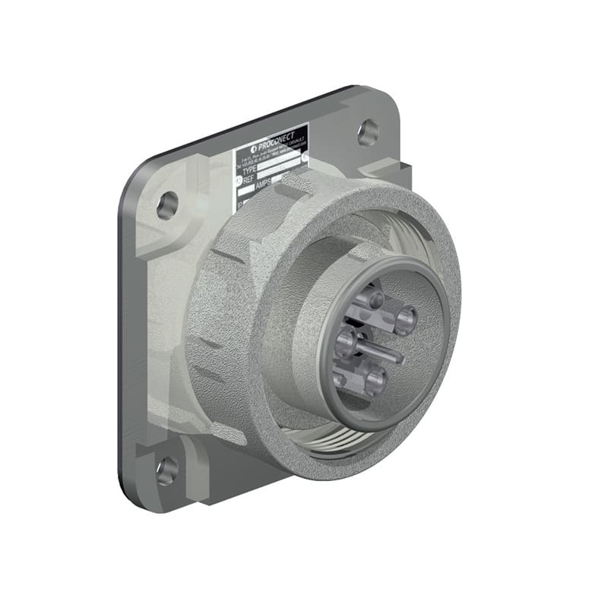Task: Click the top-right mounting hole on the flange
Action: (368, 133)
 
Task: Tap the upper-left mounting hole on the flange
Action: (167, 204)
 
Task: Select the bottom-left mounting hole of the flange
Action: (166, 470)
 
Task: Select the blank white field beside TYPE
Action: (281, 163)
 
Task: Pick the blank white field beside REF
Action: (285, 172)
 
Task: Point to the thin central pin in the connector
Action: (384, 350)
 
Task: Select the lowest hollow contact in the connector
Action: (373, 378)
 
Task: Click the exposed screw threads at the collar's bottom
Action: (342, 442)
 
